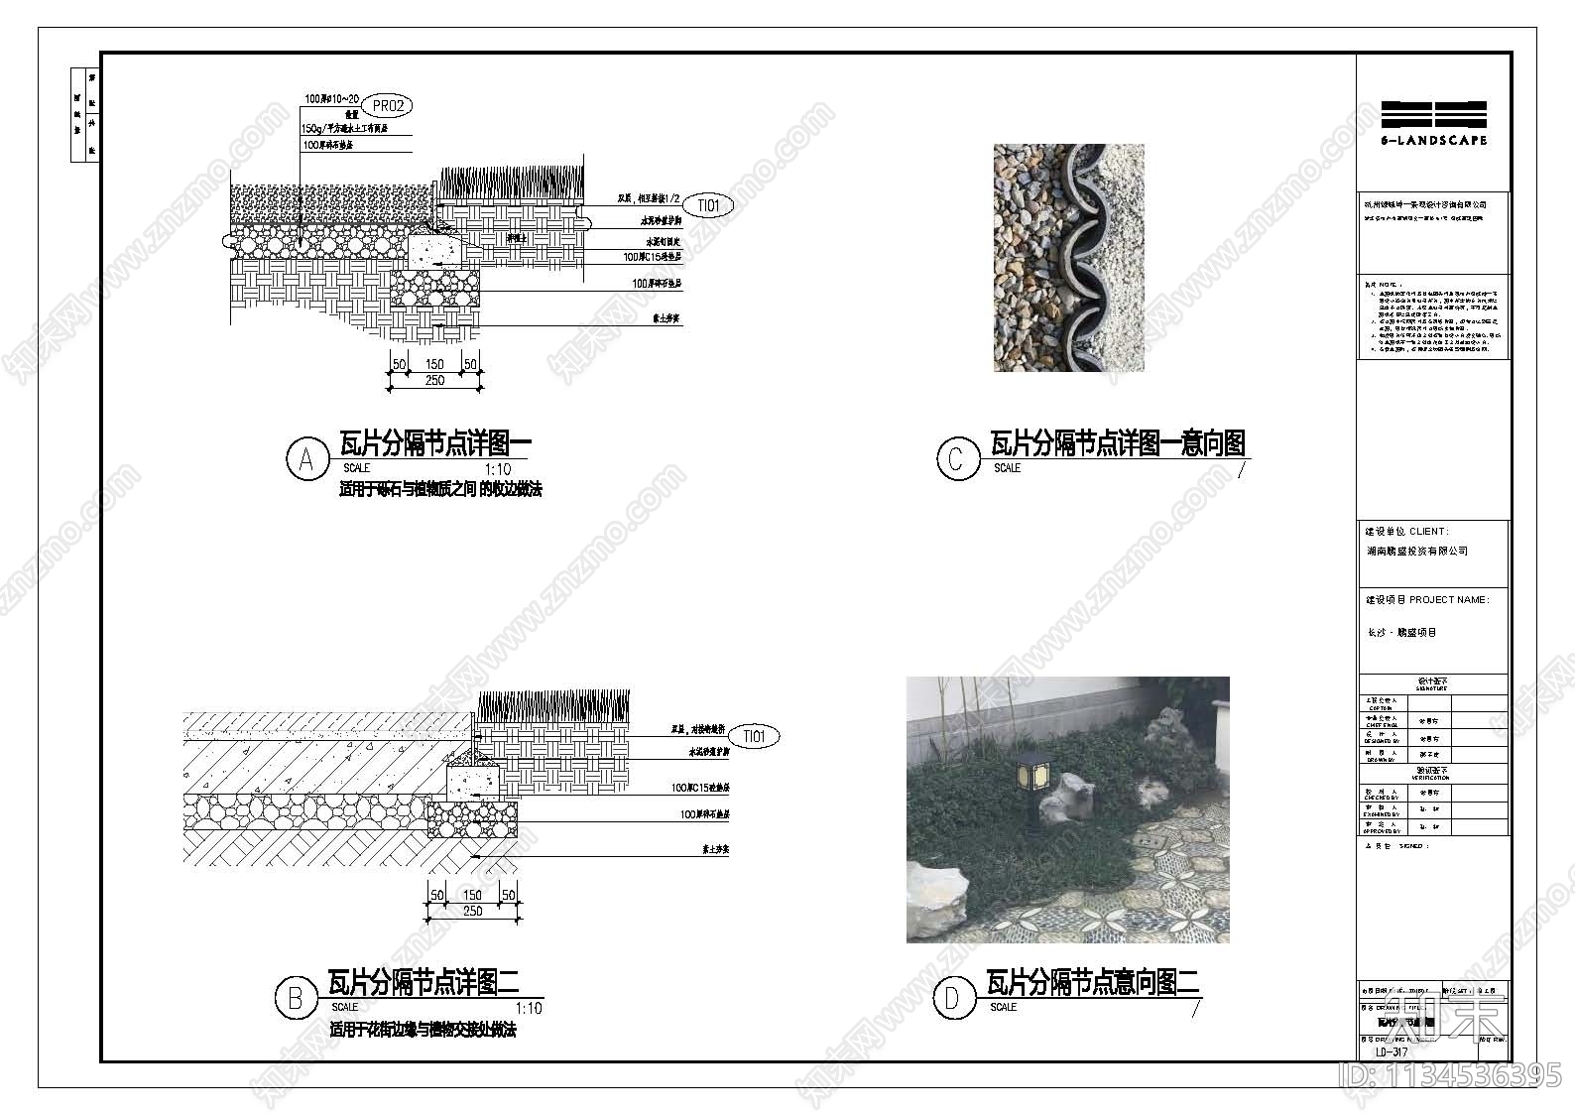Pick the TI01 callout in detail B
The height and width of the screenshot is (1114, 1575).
point(755,737)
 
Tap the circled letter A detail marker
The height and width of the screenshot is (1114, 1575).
point(306,459)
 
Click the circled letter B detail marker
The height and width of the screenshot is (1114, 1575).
point(295,997)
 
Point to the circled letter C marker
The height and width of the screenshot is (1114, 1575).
point(957,458)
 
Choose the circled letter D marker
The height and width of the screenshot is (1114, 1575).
point(953,997)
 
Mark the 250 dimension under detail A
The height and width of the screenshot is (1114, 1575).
point(434,381)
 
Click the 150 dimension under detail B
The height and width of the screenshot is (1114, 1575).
point(472,895)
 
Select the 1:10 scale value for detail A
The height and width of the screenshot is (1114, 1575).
point(498,469)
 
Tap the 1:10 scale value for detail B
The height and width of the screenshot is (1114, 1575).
point(530,1008)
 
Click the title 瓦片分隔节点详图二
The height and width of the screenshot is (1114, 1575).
point(424,983)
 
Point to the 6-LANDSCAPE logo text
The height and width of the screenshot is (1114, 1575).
point(1434,141)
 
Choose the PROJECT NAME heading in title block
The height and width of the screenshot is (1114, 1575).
point(1427,600)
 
